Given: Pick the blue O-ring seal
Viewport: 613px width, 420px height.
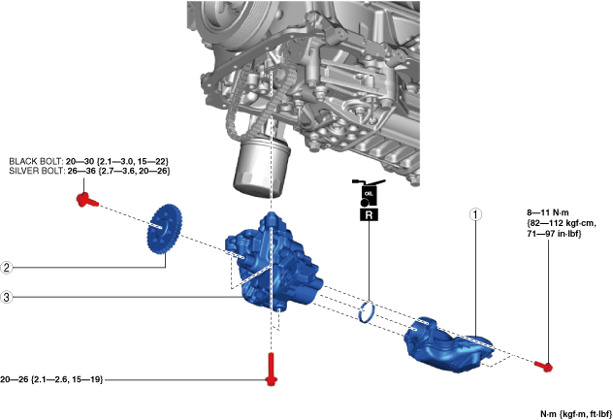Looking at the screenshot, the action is point(369,312).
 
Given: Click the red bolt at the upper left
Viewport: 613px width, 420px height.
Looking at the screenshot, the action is point(84,201).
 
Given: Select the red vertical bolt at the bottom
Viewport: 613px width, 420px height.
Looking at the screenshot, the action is point(270,369).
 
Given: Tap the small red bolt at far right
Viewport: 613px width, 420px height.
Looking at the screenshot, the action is point(545,366).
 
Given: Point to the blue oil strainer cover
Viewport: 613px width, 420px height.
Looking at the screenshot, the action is point(446,344).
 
